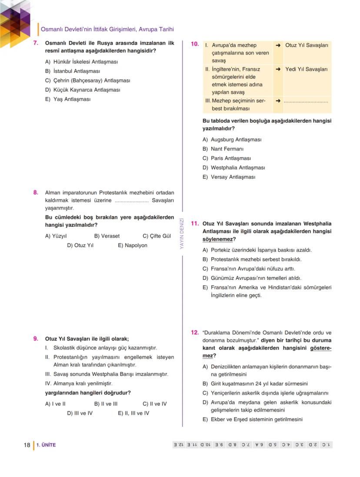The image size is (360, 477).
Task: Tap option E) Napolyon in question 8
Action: click(x=133, y=245)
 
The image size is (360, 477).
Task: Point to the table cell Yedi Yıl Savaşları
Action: click(x=306, y=69)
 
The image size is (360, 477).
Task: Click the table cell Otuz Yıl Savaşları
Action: click(x=307, y=45)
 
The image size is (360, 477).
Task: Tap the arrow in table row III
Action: click(x=278, y=101)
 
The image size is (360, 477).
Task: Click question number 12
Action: click(x=195, y=333)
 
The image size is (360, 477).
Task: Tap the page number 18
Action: click(x=27, y=445)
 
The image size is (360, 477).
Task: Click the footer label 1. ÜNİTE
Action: click(x=46, y=445)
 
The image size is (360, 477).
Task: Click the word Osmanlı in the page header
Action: click(x=52, y=29)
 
